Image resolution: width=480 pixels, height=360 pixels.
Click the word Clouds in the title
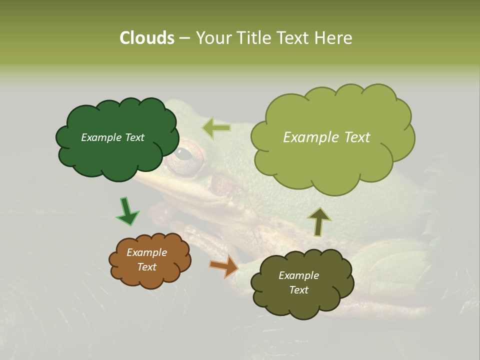146,38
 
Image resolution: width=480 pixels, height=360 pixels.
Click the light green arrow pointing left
216,128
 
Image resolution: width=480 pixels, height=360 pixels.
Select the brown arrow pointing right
224,266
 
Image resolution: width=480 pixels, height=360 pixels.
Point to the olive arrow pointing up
319,221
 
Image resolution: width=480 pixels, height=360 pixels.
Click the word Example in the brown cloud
146,252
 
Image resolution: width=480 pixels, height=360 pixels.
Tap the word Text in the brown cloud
146,267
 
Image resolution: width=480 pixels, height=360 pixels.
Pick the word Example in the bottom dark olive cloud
298,275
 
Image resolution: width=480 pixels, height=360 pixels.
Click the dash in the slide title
184,38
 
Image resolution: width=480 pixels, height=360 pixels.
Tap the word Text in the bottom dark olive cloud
298,290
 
